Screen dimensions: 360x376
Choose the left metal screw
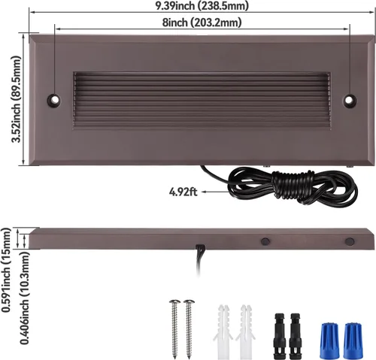pyautogui.click(x=174, y=326)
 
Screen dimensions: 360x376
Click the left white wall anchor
pyautogui.click(x=222, y=331)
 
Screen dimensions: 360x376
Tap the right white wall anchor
pyautogui.click(x=244, y=331)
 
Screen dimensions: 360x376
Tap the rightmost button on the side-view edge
pyautogui.click(x=349, y=242)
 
